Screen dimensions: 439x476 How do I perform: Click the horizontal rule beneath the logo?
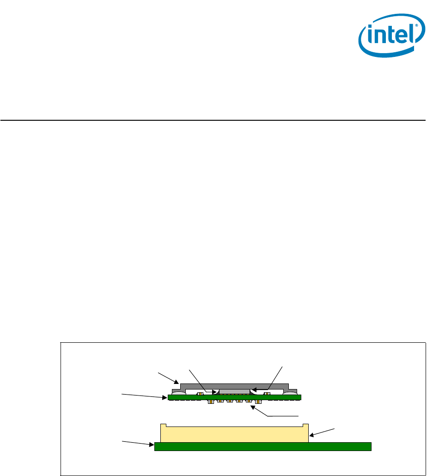(x=213, y=121)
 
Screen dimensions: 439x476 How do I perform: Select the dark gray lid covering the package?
(x=234, y=386)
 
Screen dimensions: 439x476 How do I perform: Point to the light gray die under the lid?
(x=234, y=392)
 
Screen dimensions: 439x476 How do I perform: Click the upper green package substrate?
(x=234, y=397)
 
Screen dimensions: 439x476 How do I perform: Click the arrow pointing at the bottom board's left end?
(x=138, y=444)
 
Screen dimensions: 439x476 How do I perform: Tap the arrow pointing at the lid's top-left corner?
(x=169, y=377)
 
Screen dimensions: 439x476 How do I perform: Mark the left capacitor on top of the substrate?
(x=201, y=394)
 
